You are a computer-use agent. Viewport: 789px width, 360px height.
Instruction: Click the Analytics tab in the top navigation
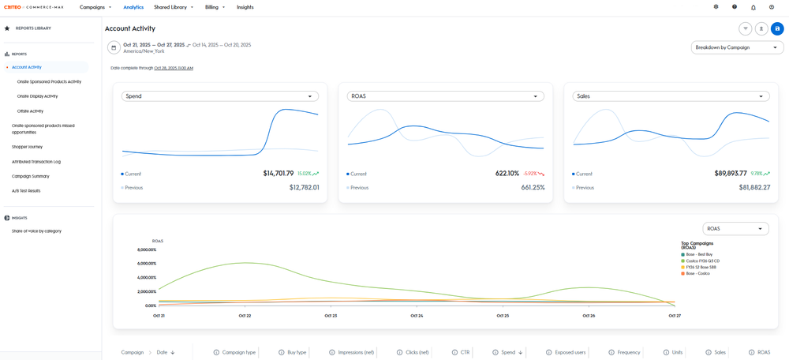133,7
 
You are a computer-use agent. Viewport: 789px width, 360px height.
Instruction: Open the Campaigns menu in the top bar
95,7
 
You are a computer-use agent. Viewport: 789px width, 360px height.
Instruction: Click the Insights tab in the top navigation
245,7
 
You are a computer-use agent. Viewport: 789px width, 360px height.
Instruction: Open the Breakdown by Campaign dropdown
737,47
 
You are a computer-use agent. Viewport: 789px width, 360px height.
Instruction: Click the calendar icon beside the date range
114,47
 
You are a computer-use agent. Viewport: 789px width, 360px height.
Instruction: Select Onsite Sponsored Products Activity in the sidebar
49,81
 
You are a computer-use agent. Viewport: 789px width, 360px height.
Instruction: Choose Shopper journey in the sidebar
27,147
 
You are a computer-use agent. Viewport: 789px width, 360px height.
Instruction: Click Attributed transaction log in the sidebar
36,162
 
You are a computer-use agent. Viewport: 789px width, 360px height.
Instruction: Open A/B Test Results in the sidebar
26,191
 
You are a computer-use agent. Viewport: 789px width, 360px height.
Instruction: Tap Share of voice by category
36,231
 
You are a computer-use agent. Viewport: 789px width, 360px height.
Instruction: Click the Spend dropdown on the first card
219,96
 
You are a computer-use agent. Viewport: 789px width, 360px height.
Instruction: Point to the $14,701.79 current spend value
278,174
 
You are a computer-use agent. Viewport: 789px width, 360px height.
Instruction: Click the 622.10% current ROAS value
507,174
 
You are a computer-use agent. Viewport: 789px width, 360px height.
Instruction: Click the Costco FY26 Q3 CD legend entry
702,261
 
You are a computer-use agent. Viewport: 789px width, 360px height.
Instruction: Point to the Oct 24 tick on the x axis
417,316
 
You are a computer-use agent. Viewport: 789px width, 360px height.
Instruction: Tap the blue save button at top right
777,28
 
